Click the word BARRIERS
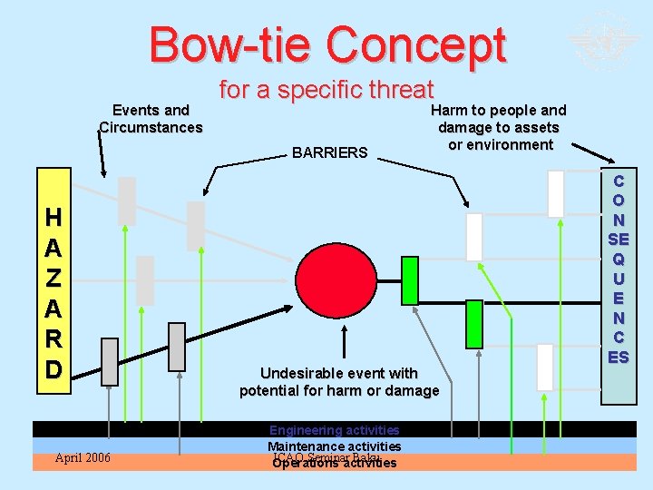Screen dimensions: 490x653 330,152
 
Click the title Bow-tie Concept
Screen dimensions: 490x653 327,44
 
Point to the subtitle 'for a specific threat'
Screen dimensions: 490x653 326,90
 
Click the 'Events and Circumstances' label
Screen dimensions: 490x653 151,119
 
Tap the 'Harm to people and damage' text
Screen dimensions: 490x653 501,127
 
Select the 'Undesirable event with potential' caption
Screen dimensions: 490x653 339,381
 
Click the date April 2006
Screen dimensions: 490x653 83,457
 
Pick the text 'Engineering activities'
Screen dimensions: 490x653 334,430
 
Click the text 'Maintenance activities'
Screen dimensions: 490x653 334,446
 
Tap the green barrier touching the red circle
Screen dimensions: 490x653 409,280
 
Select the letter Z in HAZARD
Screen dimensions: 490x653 54,279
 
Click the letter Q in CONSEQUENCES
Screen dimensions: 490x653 619,258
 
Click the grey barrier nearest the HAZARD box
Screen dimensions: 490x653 110,361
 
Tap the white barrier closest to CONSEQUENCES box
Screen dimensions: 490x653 555,194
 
